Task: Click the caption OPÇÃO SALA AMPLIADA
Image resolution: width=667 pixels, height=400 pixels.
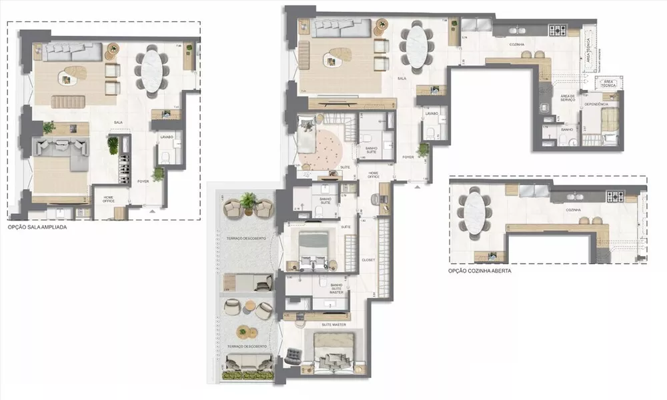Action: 37,227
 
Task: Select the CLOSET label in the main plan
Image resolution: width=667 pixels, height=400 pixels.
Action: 369,259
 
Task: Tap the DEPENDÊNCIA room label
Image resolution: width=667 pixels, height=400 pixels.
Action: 596,105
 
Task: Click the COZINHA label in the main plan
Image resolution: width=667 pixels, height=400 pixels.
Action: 514,45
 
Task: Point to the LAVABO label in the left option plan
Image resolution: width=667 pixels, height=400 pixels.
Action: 167,137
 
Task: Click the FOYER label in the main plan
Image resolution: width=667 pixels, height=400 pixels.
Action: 408,157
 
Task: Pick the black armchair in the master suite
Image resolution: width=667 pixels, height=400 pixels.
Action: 292,357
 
